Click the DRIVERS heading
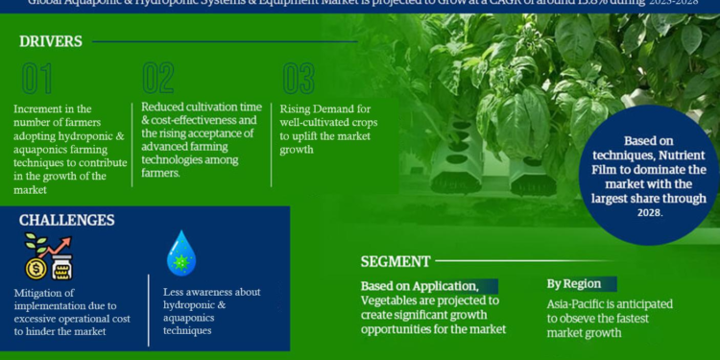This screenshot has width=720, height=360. coord(50,41)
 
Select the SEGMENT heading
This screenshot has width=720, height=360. coord(396,261)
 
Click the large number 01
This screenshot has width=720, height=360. coord(37,79)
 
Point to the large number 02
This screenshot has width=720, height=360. coord(157,79)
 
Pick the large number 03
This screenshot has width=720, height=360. coord(299,79)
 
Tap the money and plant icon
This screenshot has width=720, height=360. coord(47,256)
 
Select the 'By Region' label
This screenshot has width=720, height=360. coord(574,284)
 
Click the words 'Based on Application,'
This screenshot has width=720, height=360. coord(419,285)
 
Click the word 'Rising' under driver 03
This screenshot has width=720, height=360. coord(300,108)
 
